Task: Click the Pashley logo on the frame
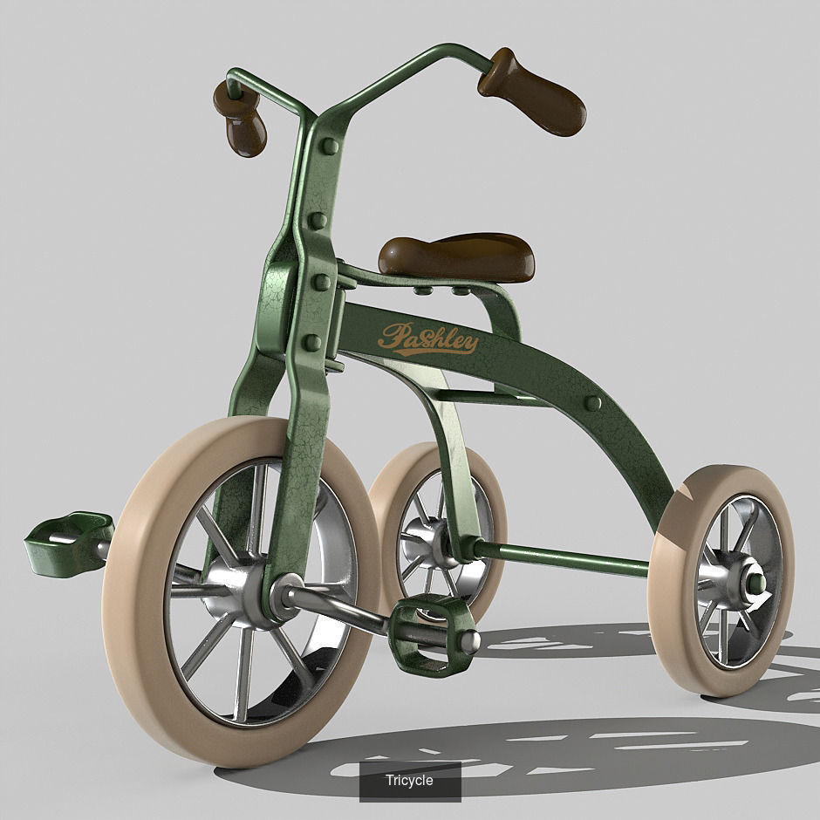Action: [427, 338]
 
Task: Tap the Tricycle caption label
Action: [409, 780]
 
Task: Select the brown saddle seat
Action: [456, 256]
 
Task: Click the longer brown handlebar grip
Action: [534, 92]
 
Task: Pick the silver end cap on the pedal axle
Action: [470, 643]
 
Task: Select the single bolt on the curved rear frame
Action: [593, 403]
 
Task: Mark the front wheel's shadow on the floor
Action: [523, 750]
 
